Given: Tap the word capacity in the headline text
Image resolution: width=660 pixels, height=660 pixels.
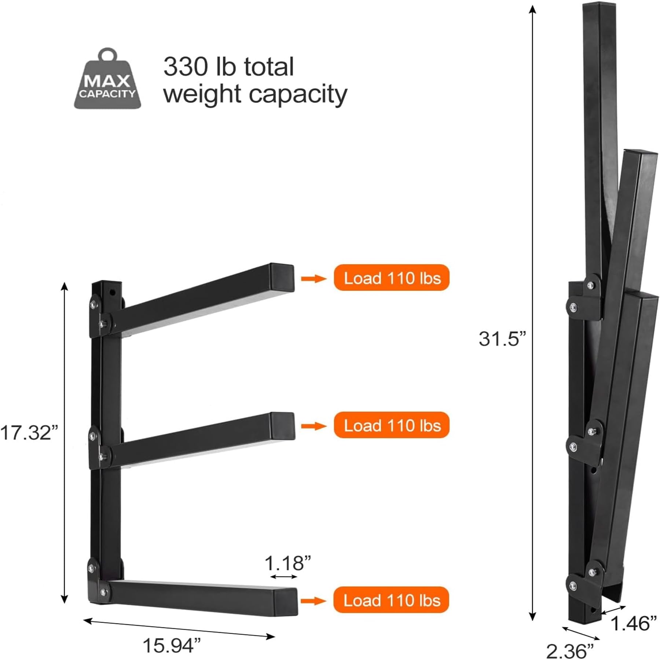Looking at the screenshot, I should [298, 95].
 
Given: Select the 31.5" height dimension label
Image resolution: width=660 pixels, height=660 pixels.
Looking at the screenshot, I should [502, 338].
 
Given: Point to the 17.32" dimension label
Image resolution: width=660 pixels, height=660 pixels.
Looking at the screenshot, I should [29, 432].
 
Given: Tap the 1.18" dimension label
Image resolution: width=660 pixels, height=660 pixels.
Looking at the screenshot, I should [287, 563].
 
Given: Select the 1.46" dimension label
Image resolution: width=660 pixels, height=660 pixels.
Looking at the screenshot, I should [634, 623].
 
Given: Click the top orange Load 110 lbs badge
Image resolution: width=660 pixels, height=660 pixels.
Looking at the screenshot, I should [391, 278].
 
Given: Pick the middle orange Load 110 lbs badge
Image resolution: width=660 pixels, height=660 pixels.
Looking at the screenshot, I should [391, 426].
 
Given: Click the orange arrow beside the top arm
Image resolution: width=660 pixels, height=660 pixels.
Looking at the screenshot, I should [313, 279].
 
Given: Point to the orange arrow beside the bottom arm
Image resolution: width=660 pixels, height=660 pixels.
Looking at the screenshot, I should [313, 601].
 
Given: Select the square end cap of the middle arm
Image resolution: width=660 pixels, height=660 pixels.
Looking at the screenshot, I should [283, 426].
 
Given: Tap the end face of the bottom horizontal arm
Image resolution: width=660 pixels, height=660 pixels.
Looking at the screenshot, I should [286, 601].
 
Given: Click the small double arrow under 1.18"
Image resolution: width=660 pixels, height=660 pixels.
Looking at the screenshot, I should [284, 577].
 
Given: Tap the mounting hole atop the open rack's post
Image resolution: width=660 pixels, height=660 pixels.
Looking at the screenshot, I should [112, 292].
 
